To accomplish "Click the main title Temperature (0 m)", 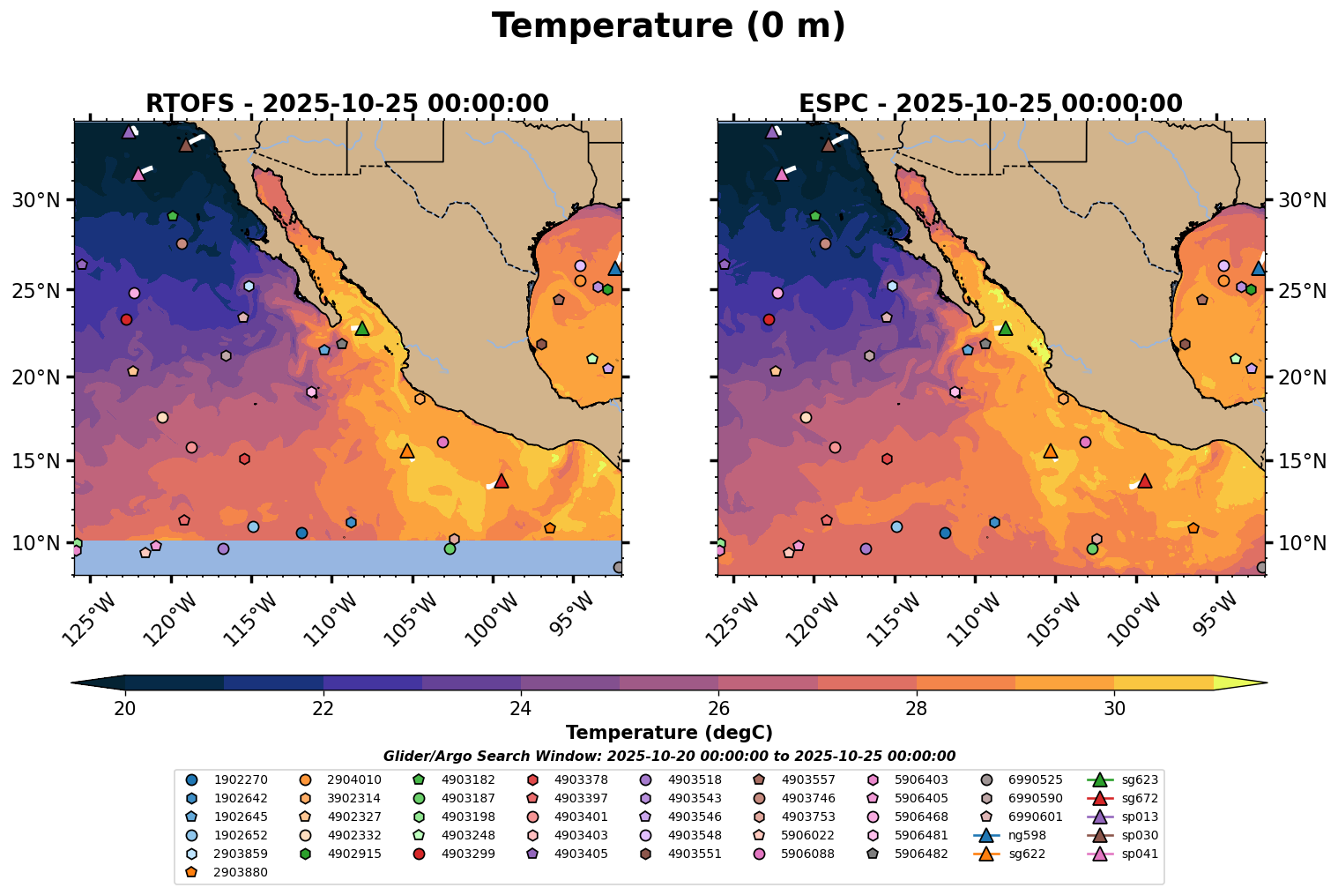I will pos(668,26).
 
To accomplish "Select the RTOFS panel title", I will pos(347,103).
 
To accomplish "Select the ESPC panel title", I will pos(991,103).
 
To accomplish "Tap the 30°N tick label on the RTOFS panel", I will pos(35,201).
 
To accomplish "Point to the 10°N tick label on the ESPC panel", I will pos(1302,543).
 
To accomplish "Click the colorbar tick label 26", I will pos(718,709).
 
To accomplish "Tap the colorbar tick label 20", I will pos(125,709).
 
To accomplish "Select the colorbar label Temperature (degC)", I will pos(669,733).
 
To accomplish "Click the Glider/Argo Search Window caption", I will pos(669,756).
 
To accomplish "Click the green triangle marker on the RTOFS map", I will pos(361,328).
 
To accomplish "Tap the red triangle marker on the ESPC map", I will pos(1145,481).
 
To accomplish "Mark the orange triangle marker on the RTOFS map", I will pos(407,451).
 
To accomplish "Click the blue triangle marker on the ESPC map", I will pos(1259,268).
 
